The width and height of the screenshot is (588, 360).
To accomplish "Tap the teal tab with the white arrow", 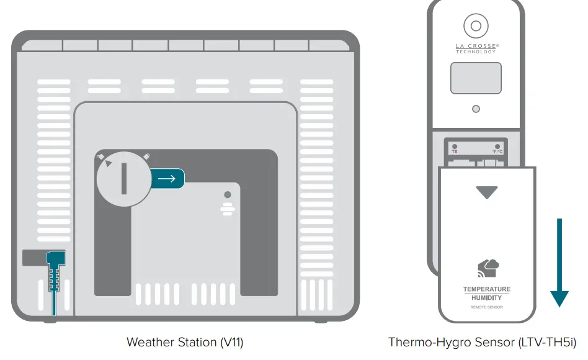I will coord(167,179).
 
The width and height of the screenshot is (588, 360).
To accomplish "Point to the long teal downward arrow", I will coord(559,261).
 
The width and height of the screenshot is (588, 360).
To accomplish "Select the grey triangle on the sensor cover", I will coord(486,192).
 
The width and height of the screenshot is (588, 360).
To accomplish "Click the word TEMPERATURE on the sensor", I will coord(487,289).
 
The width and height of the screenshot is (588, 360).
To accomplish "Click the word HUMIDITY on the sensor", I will coord(487,298).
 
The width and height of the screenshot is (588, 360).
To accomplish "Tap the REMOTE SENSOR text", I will coord(487,307).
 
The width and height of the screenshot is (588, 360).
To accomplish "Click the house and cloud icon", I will coord(488,268).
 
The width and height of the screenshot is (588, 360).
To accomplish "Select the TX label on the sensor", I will coord(455,151).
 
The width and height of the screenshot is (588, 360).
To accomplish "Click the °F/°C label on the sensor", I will coord(497,151).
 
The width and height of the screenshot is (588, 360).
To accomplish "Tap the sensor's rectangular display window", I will coord(476,78).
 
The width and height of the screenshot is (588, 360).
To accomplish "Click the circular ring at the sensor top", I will coord(475,26).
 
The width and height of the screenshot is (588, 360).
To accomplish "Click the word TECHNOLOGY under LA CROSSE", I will coord(476,52).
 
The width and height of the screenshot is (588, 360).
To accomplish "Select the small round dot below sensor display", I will coord(476,109).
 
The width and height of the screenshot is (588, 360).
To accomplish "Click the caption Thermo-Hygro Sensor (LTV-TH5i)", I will coord(482,342).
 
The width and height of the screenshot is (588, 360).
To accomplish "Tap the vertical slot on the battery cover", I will coord(124,179).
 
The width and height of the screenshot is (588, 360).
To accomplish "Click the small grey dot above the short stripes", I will coord(228,195).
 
